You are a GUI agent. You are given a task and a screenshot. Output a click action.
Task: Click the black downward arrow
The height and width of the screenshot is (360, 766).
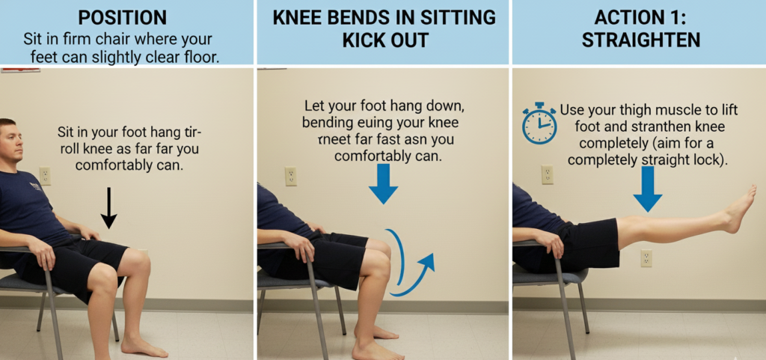click(x=109, y=207)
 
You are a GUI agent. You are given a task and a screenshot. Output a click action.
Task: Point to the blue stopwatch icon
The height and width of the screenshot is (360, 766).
click(x=539, y=123)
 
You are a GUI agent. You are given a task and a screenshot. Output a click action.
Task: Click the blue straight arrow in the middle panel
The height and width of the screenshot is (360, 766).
click(x=383, y=183)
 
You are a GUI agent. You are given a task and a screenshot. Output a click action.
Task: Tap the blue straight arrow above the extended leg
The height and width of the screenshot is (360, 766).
click(x=647, y=188)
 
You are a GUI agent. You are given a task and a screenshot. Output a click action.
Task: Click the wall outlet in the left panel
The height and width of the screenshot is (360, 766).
click(x=44, y=176)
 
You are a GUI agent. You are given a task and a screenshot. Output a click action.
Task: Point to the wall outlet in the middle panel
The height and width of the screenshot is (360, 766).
click(x=291, y=176)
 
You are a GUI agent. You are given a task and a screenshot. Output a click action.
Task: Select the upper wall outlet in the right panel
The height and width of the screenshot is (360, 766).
click(x=547, y=174)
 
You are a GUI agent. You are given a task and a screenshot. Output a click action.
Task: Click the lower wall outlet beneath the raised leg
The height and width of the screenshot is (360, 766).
click(x=646, y=258)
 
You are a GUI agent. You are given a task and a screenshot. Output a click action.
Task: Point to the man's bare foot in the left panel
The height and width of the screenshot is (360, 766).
click(x=142, y=346)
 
